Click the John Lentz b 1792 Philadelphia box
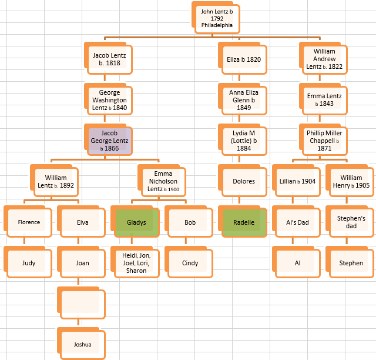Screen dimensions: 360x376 (x=217, y=18)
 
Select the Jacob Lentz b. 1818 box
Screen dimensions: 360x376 (x=109, y=59)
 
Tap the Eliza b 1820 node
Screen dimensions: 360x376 (x=243, y=59)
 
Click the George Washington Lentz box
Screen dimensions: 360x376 (x=109, y=100)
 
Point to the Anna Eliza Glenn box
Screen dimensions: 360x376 (x=243, y=100)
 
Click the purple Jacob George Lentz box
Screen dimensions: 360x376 (x=109, y=141)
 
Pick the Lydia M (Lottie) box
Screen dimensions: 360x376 (x=243, y=141)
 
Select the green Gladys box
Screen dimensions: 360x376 (x=136, y=223)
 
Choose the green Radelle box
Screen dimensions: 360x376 (x=243, y=223)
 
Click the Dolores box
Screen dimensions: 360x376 (x=243, y=181)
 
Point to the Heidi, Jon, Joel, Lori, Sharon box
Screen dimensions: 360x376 (x=136, y=263)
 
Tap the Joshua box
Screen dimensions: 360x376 (x=82, y=344)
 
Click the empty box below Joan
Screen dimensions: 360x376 (x=82, y=304)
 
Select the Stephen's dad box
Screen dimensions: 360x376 (x=351, y=222)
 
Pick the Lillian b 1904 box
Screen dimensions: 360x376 (x=297, y=181)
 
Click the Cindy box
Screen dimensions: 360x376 (x=190, y=263)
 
